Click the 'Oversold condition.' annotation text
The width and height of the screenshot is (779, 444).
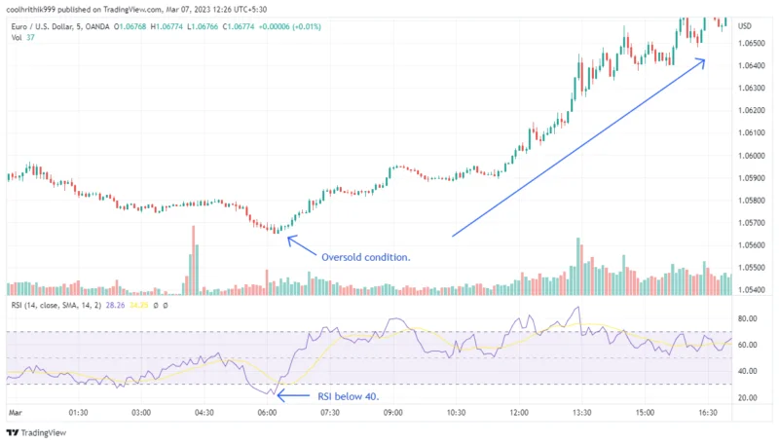[365, 257]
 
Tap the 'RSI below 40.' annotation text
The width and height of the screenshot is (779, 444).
[348, 397]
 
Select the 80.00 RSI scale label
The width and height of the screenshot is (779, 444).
[748, 319]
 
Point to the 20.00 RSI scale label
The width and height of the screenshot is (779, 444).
[748, 398]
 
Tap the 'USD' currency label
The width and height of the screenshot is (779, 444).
[745, 25]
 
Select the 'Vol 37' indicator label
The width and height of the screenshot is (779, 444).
[20, 38]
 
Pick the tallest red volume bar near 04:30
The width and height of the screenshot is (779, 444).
[193, 259]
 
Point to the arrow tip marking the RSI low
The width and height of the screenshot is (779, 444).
[278, 395]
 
